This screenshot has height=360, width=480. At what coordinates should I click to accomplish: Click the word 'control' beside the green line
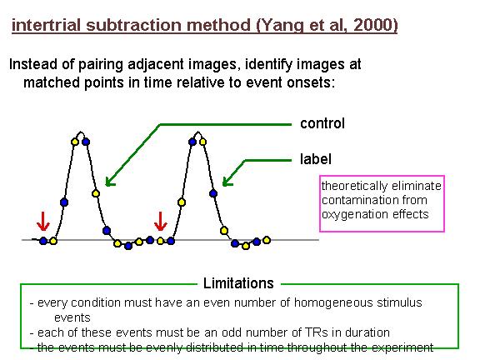[x=322, y=123]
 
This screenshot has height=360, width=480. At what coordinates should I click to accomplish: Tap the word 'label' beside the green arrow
[x=316, y=159]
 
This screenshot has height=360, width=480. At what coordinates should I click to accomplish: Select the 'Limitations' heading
[x=238, y=283]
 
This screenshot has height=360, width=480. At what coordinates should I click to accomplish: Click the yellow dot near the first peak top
[x=75, y=142]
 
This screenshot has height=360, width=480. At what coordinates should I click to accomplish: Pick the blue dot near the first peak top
[x=86, y=142]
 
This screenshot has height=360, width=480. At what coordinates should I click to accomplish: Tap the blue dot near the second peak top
[x=192, y=142]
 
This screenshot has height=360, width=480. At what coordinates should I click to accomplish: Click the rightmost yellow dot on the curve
[x=267, y=240]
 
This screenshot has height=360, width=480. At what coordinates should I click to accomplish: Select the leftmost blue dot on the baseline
[x=43, y=241]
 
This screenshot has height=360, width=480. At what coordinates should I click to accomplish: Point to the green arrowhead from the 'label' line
[x=227, y=182]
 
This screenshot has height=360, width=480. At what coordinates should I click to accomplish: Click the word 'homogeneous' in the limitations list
[x=333, y=302]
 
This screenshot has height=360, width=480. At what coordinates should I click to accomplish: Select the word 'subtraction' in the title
[x=134, y=25]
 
